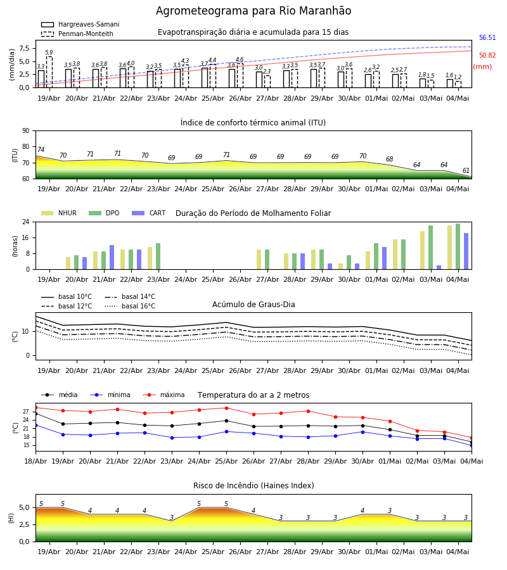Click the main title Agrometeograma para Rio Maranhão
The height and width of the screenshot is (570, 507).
[253, 11]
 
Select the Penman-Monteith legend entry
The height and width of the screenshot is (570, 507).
[77, 34]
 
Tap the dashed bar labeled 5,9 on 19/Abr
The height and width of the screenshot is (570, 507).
[49, 72]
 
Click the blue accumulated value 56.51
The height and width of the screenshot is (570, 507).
[487, 38]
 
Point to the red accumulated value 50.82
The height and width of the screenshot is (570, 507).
[487, 55]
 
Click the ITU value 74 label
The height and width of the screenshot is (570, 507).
[41, 149]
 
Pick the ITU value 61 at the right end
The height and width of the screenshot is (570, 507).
[466, 170]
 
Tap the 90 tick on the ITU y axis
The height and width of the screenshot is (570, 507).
[25, 131]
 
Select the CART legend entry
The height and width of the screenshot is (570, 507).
[149, 213]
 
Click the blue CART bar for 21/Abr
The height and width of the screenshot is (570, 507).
[112, 257]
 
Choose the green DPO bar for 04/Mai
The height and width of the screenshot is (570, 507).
[458, 246]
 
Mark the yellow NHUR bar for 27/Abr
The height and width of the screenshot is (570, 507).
[259, 260]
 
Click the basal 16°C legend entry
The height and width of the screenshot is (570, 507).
[130, 306]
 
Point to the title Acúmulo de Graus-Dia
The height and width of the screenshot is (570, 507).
[253, 304]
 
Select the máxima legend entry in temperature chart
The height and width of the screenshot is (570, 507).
[164, 395]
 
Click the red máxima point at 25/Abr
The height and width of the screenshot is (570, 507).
[227, 408]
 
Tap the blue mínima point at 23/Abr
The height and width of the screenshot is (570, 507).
[172, 438]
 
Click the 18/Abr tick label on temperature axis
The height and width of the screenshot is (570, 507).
[35, 461]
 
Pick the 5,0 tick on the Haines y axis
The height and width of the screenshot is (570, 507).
[25, 507]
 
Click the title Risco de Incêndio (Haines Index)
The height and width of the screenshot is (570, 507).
[253, 485]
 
